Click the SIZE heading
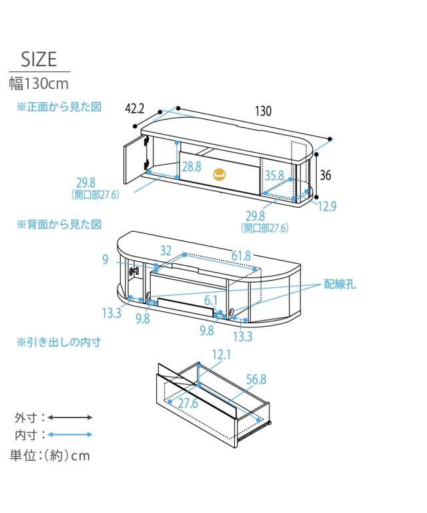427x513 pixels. (39, 59)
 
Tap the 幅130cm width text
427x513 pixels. (39, 84)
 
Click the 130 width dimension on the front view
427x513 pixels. (263, 112)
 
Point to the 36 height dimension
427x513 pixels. (326, 176)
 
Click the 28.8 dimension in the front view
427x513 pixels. (191, 166)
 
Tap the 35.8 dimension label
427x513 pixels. (275, 176)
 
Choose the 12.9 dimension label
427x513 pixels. (327, 206)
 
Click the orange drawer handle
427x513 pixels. (218, 176)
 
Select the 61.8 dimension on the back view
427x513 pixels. (242, 256)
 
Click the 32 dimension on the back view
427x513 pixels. (166, 250)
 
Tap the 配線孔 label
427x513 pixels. (340, 284)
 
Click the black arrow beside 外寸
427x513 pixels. (70, 417)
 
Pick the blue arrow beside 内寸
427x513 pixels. (70, 435)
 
